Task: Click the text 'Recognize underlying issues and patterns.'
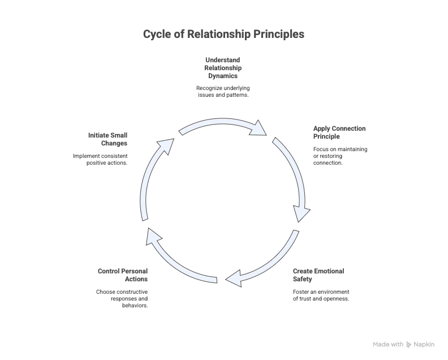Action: [x=222, y=91]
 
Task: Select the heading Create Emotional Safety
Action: [x=318, y=275]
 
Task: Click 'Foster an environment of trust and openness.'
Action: [x=321, y=295]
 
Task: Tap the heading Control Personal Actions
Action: [x=123, y=275]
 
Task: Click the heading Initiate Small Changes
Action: [x=107, y=139]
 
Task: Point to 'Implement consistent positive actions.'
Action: [x=100, y=159]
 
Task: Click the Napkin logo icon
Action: [x=409, y=344]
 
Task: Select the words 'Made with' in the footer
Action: [x=388, y=344]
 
